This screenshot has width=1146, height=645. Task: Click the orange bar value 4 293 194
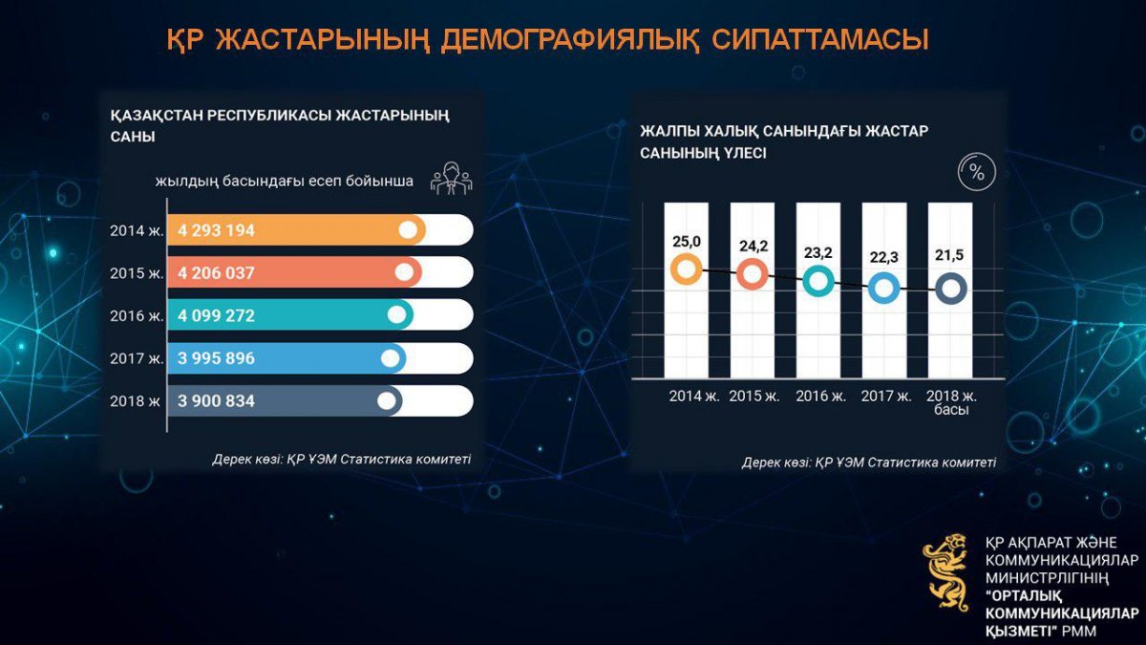tap(216, 230)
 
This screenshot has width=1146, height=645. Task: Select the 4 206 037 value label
tap(216, 273)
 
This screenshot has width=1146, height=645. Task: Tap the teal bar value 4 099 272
tap(216, 315)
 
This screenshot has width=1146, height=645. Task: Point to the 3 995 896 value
tap(216, 357)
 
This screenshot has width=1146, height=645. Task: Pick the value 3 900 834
tap(216, 400)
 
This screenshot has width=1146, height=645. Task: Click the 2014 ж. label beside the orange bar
tap(137, 231)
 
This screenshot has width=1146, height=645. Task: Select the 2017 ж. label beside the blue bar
tap(137, 358)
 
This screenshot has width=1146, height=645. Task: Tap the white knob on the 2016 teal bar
tap(396, 314)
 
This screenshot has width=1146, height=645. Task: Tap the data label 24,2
tap(753, 247)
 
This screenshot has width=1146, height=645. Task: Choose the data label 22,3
tap(884, 257)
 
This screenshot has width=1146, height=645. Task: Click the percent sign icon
tap(977, 172)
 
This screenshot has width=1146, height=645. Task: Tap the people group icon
tap(451, 178)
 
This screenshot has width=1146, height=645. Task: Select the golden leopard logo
tap(946, 572)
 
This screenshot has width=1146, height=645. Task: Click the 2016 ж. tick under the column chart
tap(821, 397)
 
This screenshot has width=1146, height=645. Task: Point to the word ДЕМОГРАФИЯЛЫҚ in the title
tap(570, 40)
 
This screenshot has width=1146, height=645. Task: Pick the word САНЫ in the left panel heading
tap(133, 138)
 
